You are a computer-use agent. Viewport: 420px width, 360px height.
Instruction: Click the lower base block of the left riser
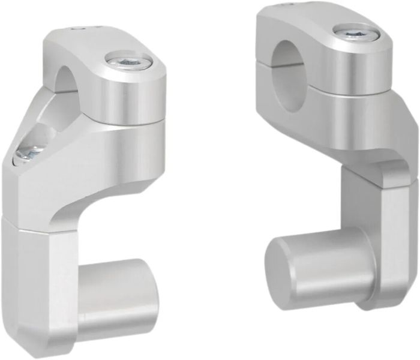point(42,282)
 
